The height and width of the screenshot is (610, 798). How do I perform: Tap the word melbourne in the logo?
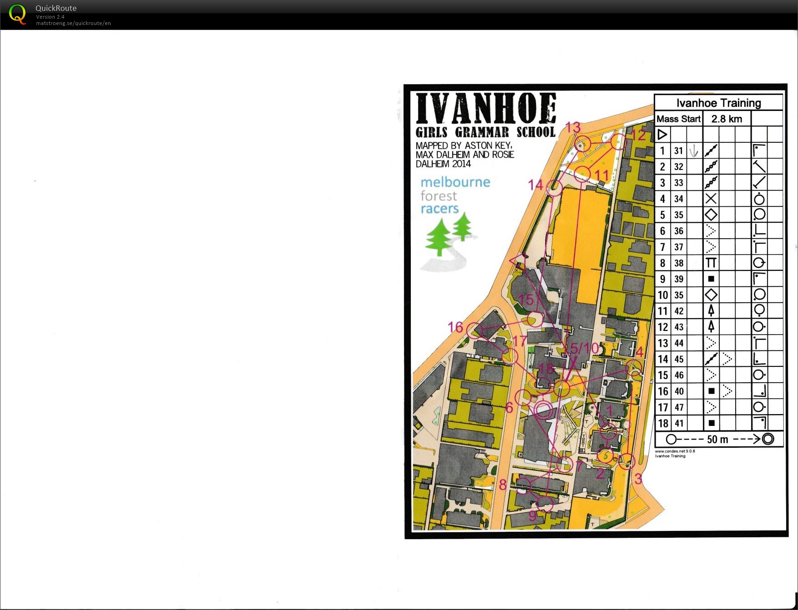click(x=455, y=182)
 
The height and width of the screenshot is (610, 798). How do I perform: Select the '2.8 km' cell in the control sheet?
click(x=727, y=119)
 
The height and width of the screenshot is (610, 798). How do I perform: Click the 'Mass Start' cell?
click(x=678, y=119)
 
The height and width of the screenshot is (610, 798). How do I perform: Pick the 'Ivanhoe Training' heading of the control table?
click(x=718, y=103)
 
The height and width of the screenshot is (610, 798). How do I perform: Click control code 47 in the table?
click(x=679, y=407)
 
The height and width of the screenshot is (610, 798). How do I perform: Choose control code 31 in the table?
click(x=679, y=151)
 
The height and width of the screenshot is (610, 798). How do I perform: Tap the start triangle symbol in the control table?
click(x=662, y=135)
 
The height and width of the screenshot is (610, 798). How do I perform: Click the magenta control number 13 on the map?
click(x=573, y=127)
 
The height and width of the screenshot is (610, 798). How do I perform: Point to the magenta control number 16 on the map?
click(x=455, y=327)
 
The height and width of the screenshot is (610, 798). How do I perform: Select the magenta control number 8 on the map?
click(x=503, y=485)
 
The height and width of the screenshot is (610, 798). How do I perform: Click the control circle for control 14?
click(x=554, y=188)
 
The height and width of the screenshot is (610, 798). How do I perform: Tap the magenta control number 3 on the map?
click(x=638, y=479)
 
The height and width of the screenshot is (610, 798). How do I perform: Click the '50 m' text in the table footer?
click(x=717, y=440)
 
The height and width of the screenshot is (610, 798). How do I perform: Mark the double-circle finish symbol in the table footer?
click(x=768, y=439)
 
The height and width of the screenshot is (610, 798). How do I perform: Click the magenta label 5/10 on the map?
click(x=584, y=349)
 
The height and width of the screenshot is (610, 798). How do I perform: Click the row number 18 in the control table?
click(x=663, y=424)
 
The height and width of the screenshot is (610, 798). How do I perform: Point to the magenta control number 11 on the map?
click(x=601, y=175)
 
